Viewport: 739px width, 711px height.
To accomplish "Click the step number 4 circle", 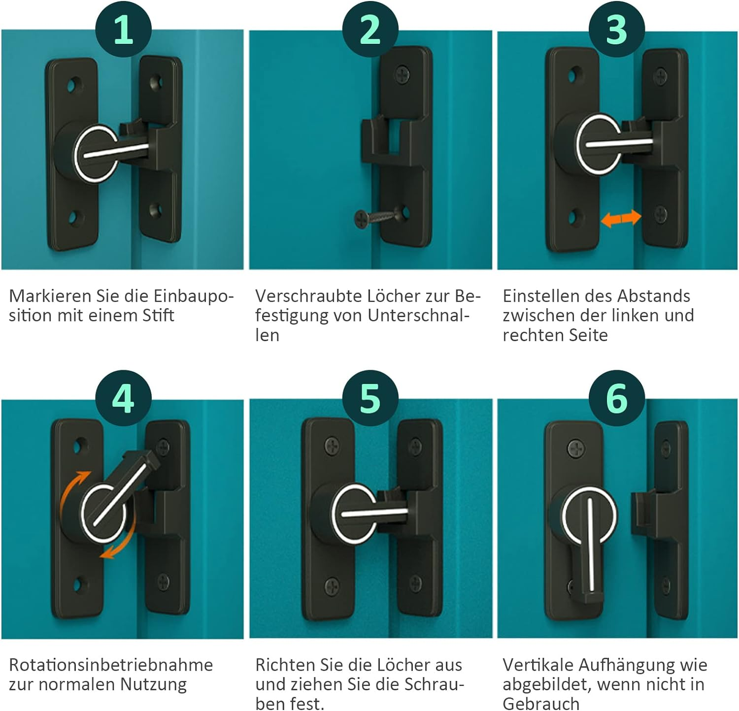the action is (123, 398).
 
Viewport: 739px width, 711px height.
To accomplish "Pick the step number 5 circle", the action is (370, 398).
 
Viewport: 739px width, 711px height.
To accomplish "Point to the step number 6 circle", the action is (617, 398).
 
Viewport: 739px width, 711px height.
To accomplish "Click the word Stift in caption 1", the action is (158, 315).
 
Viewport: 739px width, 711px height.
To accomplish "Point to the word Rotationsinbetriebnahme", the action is (111, 665).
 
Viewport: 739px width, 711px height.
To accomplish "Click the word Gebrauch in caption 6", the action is (541, 704).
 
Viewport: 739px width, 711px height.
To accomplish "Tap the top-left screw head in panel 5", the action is (332, 446).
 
